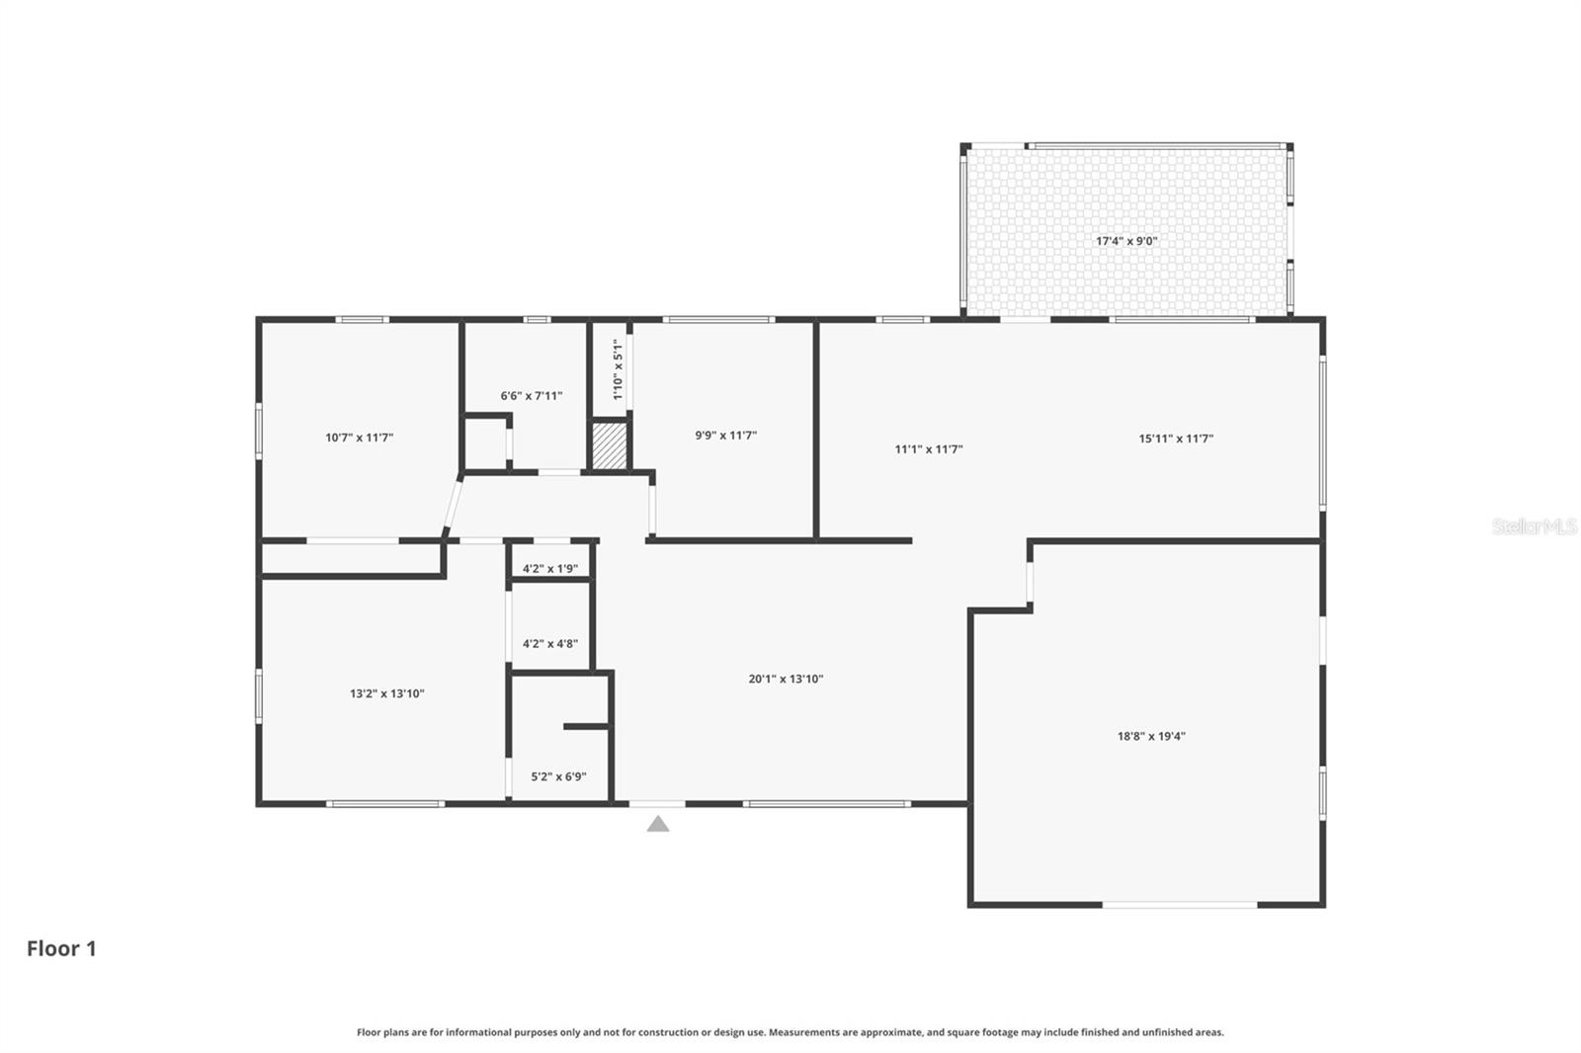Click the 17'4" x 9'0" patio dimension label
coord(1126,241)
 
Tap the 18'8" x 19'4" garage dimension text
coord(1151,736)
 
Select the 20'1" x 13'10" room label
coord(786,679)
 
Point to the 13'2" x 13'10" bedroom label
coord(386,693)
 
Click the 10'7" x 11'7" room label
coord(359,438)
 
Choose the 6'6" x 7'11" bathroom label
coord(531,396)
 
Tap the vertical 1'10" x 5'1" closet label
coord(618,369)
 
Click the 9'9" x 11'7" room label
coord(725,436)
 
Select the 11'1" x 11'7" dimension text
coord(929,449)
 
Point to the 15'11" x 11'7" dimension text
coord(1176,439)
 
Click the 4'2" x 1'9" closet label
coord(550,569)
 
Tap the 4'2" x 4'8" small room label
coord(550,644)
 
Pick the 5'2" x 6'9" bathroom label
coord(558,776)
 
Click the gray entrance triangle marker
coord(658,824)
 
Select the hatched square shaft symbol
coord(610,446)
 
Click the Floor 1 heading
coord(61,949)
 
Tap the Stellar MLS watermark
coord(1534,527)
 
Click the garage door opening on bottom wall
coord(1180,904)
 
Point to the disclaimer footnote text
coord(790,1032)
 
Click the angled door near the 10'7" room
coord(453,507)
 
